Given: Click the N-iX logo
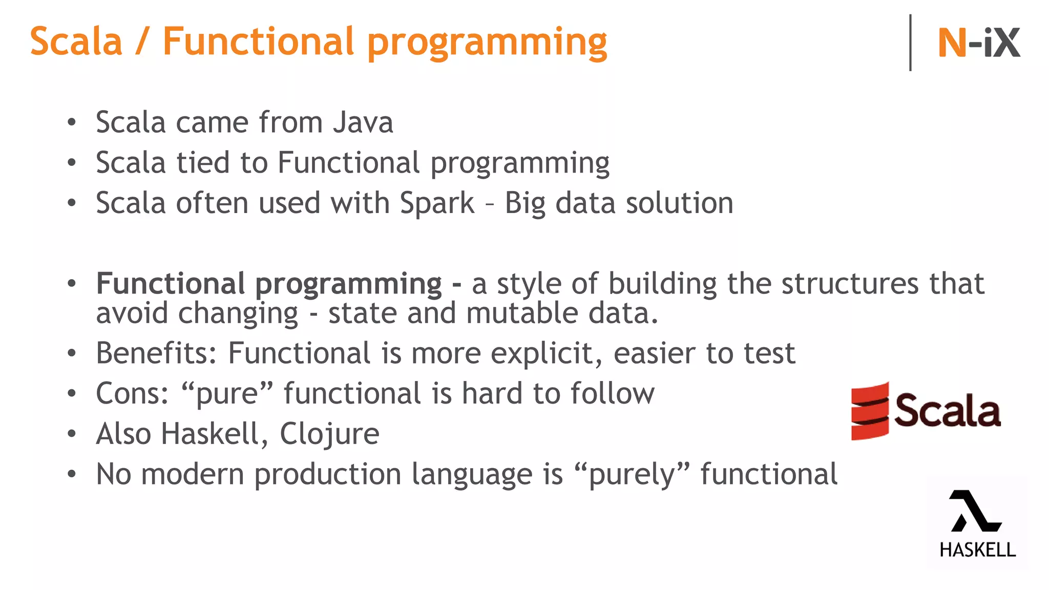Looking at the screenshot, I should [978, 43].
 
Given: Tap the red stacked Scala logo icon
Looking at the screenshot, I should [870, 411].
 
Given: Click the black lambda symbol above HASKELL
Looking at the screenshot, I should [975, 511].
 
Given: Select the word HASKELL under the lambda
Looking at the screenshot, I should [977, 550].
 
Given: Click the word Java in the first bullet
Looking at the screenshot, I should [363, 123].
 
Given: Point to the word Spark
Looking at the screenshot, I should [437, 203].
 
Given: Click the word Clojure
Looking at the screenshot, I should [329, 434].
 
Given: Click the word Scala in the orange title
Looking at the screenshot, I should [76, 42].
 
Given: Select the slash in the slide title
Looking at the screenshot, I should [142, 42].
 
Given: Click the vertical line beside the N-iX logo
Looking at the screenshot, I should [910, 43].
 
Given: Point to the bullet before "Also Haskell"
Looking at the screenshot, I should [72, 434].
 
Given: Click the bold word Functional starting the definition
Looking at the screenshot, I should [171, 284].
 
